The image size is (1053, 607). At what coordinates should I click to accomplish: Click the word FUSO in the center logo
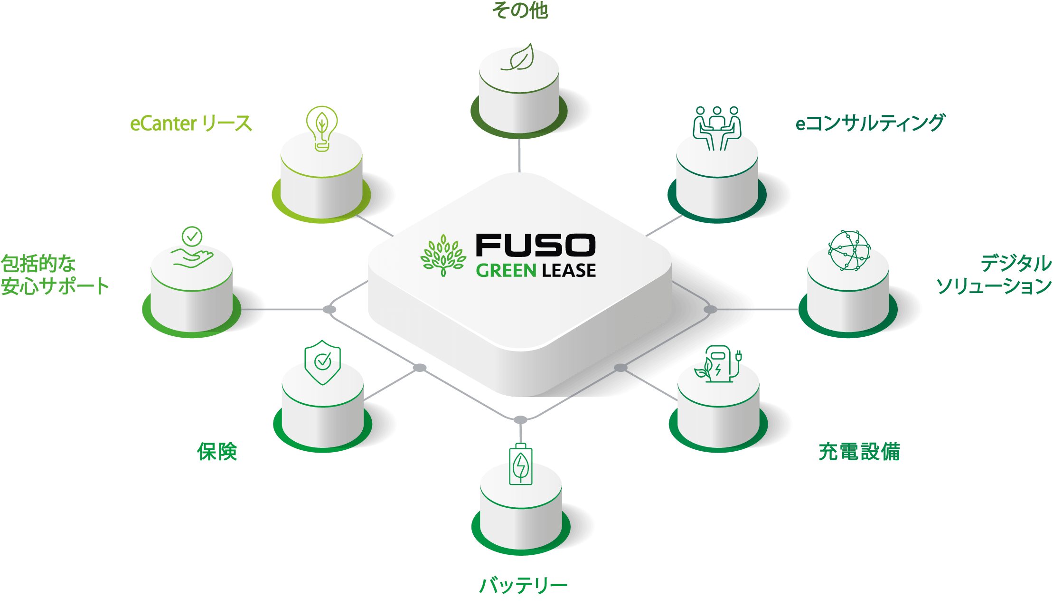point(536,245)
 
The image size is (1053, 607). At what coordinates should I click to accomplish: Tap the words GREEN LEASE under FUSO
point(536,271)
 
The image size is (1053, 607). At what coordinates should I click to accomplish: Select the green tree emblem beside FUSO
point(443,255)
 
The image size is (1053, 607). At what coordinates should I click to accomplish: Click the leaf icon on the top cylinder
point(518,58)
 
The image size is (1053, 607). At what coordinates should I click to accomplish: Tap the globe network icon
point(849,250)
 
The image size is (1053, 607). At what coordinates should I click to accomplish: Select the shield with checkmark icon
point(322,362)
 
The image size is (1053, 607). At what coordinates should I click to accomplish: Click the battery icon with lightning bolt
point(521,465)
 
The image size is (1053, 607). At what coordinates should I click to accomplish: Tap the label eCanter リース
point(191,123)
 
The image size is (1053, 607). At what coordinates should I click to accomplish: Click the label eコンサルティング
point(870,123)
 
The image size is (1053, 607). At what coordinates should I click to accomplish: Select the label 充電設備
point(859,451)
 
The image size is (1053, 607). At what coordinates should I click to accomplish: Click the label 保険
point(217,451)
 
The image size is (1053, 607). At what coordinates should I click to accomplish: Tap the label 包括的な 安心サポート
point(54,275)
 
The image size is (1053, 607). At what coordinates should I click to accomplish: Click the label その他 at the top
point(521,10)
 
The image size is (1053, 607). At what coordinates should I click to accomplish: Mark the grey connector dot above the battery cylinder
point(521,420)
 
